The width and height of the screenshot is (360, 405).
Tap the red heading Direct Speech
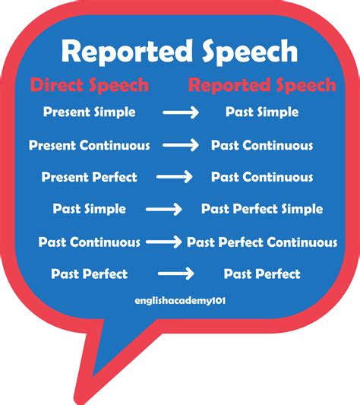tap(90, 84)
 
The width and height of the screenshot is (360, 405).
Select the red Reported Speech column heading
tap(262, 84)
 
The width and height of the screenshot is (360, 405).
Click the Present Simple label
tap(90, 112)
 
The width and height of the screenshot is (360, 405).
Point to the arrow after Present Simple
tap(180, 112)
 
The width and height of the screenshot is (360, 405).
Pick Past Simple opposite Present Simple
tap(262, 112)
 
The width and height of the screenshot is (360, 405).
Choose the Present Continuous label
tap(90, 144)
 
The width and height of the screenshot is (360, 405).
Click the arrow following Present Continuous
tap(180, 145)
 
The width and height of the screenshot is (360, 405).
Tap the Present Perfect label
tap(90, 177)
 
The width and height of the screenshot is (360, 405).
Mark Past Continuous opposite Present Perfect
tap(262, 177)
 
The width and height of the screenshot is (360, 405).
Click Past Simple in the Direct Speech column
tap(90, 209)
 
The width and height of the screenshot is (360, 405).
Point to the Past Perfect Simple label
tap(262, 209)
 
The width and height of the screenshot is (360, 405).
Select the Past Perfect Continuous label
tap(262, 242)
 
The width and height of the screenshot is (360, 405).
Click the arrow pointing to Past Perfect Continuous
tap(163, 242)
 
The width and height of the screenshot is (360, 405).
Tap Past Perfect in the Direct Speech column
tap(90, 274)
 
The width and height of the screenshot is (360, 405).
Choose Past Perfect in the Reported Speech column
tap(262, 274)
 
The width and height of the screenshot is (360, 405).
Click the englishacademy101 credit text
tap(180, 300)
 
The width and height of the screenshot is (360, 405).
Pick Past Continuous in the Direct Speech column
tap(90, 242)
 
